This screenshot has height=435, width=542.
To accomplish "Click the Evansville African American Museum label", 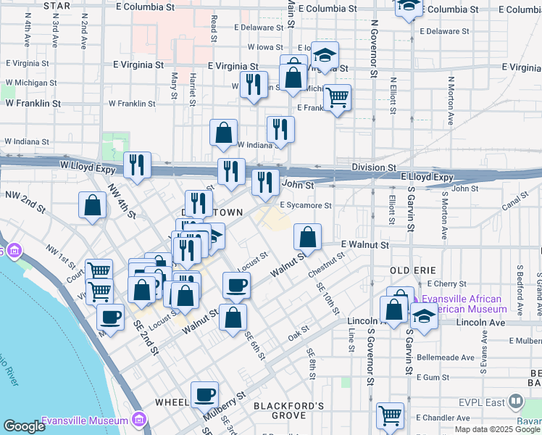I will pos(466,304).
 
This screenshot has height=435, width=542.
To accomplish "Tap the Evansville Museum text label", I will pos(75,420).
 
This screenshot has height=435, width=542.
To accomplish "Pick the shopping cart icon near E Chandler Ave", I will pos(390,415).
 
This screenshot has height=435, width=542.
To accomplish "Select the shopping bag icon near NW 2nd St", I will pos(93,205).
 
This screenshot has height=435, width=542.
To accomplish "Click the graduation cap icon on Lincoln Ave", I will pos(424,317).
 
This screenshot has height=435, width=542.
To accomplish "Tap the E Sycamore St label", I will pos(305,206).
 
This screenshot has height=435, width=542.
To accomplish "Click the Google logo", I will pos(24,426).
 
